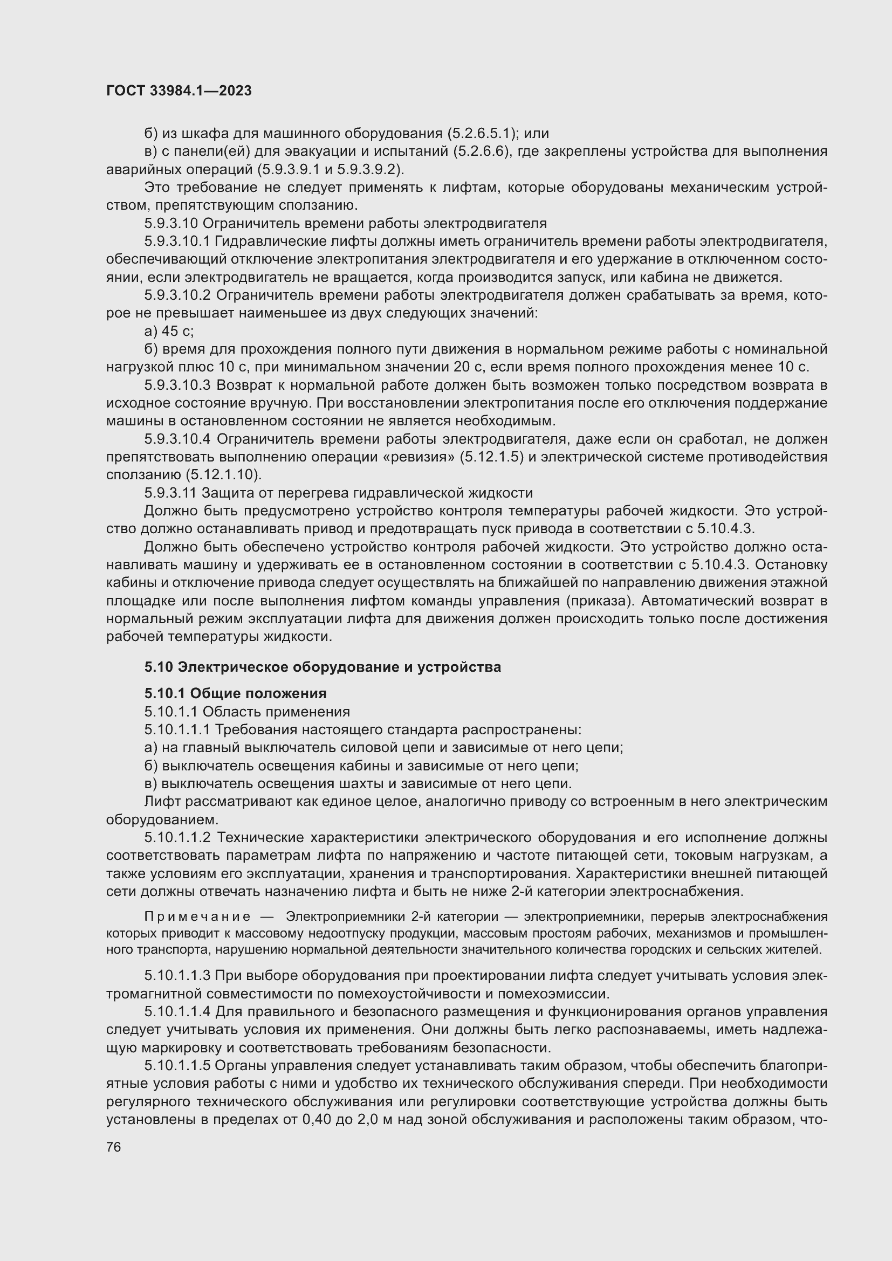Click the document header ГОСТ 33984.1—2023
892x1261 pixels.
179,91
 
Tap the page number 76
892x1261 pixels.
114,1147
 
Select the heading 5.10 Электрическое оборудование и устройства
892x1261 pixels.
323,667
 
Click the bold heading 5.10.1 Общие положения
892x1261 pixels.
235,693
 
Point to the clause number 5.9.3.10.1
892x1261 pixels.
177,241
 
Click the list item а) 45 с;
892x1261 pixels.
169,331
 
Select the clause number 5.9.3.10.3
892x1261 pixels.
177,385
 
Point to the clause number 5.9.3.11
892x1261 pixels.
170,493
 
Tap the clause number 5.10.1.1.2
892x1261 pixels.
177,838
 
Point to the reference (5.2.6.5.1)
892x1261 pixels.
482,134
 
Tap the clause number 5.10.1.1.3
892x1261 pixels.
177,975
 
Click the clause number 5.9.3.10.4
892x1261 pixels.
177,439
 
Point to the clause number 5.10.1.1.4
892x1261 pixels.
177,1011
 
